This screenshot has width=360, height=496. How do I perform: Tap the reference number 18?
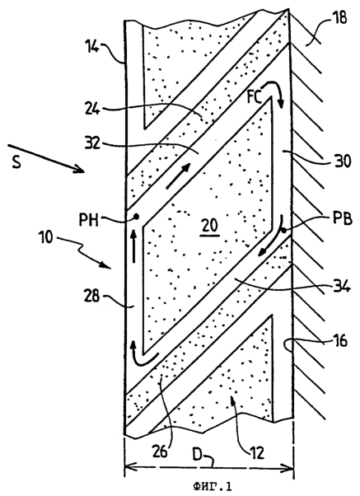(339, 17)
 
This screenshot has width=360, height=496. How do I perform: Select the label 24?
(92, 110)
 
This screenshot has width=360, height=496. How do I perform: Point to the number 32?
(92, 143)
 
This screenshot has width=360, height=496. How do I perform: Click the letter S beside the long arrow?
(16, 163)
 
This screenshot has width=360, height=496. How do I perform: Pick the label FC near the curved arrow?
(255, 98)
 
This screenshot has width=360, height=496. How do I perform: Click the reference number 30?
(343, 161)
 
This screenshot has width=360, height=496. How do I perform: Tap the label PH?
(89, 220)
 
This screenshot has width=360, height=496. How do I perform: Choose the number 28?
(91, 297)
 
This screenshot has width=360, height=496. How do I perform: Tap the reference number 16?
(339, 341)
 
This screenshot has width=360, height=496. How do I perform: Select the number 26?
(160, 452)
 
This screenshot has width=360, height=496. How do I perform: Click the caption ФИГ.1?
(212, 486)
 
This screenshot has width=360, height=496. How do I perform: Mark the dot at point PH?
(137, 217)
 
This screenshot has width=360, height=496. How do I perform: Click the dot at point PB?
(283, 231)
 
